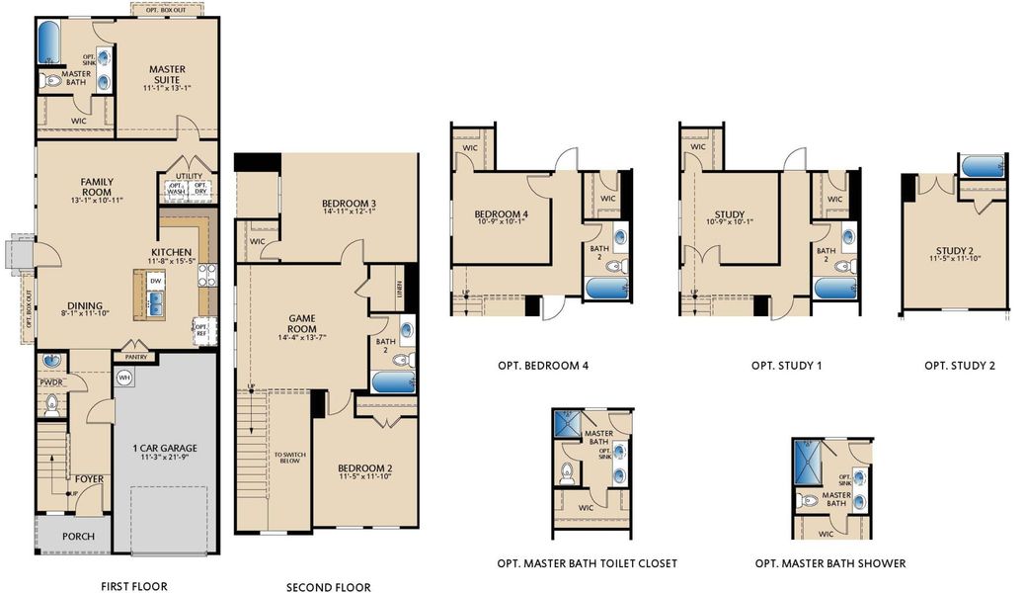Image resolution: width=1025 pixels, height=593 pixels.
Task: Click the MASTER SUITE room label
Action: [x=168, y=70]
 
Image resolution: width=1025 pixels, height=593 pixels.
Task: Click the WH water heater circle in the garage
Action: [x=124, y=378]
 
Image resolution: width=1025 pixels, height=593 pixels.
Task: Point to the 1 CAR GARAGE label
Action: [x=165, y=448]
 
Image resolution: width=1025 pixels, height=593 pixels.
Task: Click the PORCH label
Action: [x=78, y=537]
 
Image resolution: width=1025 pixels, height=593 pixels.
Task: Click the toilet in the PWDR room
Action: [x=52, y=403]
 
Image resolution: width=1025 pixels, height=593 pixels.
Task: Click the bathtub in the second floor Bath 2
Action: [x=392, y=381]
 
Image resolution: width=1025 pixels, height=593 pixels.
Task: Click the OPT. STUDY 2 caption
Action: [x=959, y=366]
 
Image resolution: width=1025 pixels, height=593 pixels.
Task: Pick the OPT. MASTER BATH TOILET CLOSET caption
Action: [x=588, y=563]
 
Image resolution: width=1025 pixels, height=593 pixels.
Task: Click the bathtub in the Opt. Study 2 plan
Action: [x=983, y=167]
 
